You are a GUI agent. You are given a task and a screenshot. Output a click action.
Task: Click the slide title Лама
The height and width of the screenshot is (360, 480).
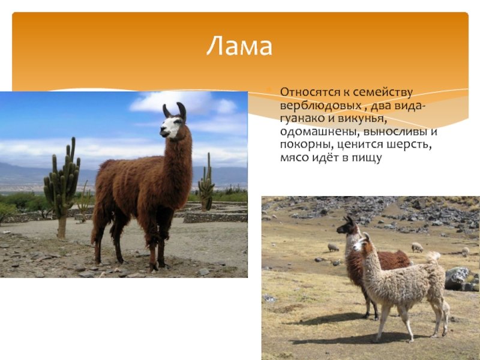[239, 47]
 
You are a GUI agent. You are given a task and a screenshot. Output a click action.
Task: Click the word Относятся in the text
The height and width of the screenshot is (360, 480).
[311, 92]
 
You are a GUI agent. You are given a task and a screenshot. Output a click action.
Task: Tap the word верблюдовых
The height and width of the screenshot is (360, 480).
[320, 106]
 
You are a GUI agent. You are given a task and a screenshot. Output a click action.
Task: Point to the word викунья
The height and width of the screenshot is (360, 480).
[358, 119]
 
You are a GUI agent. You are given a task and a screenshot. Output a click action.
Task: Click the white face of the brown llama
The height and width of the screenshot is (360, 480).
[170, 127]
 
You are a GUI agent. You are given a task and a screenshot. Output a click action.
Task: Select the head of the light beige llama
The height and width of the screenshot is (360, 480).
[362, 242]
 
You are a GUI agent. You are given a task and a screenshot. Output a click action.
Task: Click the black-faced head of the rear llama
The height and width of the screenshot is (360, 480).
[347, 226]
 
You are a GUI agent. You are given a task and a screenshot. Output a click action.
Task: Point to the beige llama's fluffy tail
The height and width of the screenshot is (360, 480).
[433, 257]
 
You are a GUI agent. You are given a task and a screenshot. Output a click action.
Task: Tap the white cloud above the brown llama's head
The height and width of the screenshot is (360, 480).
[184, 103]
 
